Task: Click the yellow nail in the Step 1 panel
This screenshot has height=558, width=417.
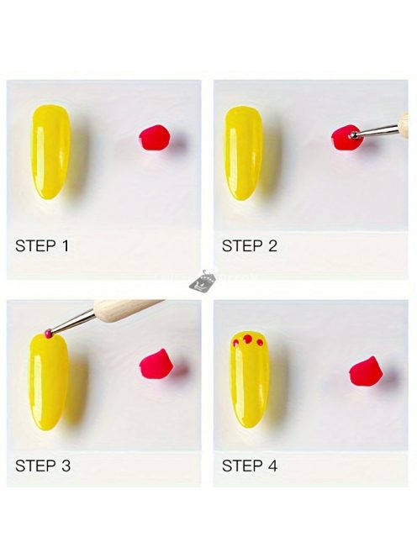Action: [x=50, y=151]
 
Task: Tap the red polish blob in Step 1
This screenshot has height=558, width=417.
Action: [x=155, y=137]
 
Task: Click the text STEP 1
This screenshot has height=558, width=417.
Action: [x=42, y=246]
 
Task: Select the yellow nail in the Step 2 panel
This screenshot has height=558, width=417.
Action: [x=243, y=153]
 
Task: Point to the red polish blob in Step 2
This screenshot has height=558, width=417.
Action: [x=346, y=137]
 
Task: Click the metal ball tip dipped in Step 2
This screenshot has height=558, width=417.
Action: [x=354, y=135]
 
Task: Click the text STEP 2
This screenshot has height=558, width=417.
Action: [x=249, y=246]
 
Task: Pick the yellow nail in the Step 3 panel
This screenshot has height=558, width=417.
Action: [x=49, y=381]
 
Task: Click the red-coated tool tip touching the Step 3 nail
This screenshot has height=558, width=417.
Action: [x=49, y=333]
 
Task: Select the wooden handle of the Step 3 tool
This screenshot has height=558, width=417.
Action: [x=126, y=309]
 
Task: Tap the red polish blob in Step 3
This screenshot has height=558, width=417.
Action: [x=156, y=364]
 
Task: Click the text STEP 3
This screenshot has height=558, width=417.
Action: [x=43, y=466]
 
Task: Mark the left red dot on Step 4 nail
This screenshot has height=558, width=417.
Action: [x=235, y=343]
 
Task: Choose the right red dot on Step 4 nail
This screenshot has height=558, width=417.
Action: [x=260, y=343]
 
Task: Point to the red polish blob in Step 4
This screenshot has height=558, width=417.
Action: [x=366, y=371]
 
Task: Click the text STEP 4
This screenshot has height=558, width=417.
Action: [x=249, y=466]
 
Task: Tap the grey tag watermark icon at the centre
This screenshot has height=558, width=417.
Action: [x=202, y=282]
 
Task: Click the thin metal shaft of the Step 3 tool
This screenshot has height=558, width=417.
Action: [x=73, y=321]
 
